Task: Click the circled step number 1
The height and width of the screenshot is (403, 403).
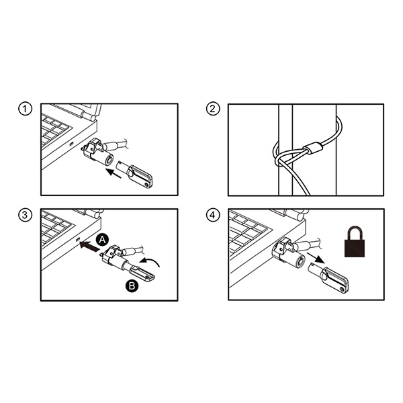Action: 25,109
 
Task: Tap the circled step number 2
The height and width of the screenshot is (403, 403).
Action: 213,109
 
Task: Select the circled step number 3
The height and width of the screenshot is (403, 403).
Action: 25,215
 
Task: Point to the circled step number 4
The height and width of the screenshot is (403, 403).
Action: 213,215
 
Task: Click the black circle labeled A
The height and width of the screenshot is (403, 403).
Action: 102,240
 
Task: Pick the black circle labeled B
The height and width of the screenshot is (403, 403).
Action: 132,285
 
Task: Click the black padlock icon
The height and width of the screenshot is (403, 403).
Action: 355,242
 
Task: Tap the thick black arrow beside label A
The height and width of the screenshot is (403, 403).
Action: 89,246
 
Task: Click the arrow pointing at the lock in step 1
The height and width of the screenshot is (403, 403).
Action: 114,173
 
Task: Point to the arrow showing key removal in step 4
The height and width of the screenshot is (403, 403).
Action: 316,258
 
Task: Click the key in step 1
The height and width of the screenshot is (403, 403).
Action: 134,175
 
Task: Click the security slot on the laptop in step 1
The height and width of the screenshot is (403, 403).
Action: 72,144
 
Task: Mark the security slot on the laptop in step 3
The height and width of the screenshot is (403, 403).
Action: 79,240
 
